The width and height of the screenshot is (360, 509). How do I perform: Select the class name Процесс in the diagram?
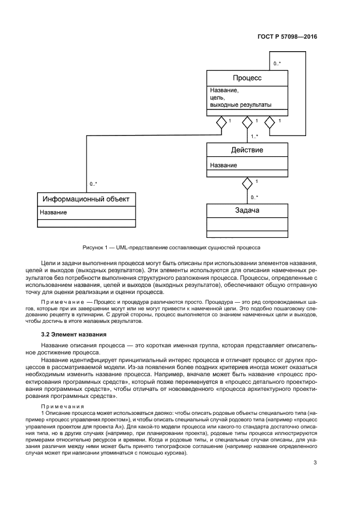click(x=247, y=78)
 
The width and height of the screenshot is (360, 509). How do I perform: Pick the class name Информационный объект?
click(x=86, y=199)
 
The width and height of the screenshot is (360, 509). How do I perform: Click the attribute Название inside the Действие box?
click(x=223, y=165)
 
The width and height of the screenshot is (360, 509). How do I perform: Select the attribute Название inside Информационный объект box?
click(x=53, y=212)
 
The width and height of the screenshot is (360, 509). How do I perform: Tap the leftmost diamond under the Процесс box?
click(x=221, y=122)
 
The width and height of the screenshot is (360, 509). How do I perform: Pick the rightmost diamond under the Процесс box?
click(x=270, y=122)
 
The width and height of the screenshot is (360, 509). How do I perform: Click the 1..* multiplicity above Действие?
click(x=254, y=137)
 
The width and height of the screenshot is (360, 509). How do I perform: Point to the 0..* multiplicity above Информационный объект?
click(x=94, y=185)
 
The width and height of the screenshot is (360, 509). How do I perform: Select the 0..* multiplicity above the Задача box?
click(x=254, y=197)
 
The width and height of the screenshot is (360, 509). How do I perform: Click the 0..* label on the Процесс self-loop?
click(x=277, y=64)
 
